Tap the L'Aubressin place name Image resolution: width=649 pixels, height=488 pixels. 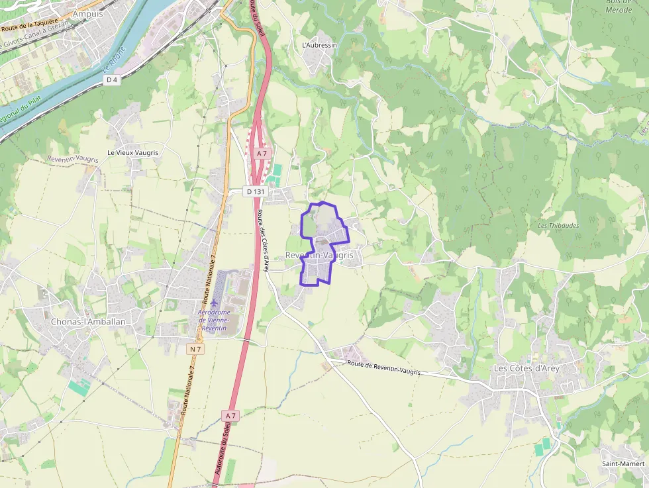(319, 45)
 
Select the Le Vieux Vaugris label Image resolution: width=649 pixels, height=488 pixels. (132, 152)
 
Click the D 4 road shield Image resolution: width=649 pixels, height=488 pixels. (112, 79)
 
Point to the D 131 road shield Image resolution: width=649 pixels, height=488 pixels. (255, 191)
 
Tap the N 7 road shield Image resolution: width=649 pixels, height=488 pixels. (195, 349)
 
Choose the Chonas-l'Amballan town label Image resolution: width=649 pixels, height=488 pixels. (87, 322)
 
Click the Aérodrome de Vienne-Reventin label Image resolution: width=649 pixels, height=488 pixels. (213, 320)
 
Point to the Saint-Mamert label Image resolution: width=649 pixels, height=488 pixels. (623, 464)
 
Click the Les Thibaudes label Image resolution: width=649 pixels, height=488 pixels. (558, 225)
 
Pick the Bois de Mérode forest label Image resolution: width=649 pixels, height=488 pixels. (619, 5)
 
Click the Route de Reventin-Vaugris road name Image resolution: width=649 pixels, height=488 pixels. (384, 367)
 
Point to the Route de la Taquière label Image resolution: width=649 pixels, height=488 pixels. (30, 28)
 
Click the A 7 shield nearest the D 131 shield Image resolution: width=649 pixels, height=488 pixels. (262, 154)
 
